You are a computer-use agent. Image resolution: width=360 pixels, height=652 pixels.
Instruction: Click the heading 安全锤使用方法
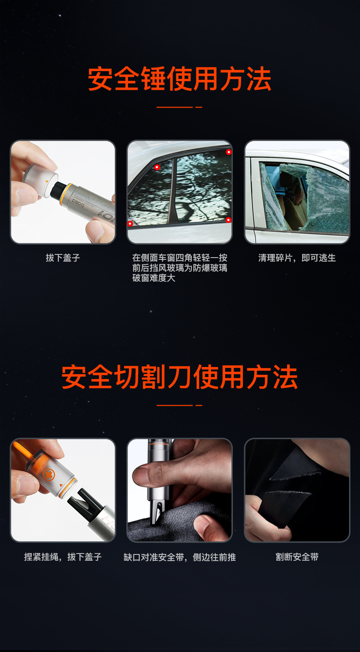click(180, 78)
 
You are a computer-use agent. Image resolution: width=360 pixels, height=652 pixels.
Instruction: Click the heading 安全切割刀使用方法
click(180, 377)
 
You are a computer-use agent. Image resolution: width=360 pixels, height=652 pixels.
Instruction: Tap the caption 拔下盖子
click(63, 258)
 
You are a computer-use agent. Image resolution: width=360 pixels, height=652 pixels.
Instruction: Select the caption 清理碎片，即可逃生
click(297, 258)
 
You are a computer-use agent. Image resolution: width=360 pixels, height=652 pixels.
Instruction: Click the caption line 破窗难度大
click(154, 278)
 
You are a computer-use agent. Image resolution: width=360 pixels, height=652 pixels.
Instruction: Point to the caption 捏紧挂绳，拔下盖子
click(63, 557)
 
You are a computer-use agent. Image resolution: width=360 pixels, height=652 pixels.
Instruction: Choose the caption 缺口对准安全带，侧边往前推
click(180, 557)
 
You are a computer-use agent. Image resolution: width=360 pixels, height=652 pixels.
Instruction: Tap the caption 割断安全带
click(297, 557)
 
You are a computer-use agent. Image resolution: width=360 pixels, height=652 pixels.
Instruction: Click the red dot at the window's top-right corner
click(229, 152)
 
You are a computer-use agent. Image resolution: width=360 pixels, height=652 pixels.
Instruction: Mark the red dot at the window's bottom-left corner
click(130, 223)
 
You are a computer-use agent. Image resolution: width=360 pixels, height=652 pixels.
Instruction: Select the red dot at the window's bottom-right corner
click(228, 220)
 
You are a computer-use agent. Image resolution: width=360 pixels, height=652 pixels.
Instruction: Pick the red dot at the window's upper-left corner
click(157, 167)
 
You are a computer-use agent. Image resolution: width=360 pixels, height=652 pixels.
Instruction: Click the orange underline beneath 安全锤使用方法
click(179, 107)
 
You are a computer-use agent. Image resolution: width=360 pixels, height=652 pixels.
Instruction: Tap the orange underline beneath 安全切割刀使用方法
click(179, 405)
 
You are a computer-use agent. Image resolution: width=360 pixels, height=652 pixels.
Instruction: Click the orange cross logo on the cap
click(49, 475)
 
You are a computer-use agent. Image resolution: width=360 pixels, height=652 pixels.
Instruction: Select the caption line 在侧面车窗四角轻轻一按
click(180, 258)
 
